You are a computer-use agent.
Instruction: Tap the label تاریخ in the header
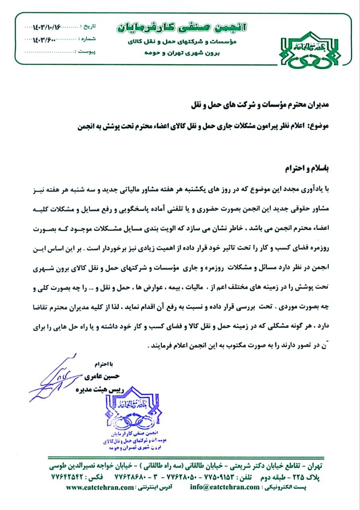tap(89, 27)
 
